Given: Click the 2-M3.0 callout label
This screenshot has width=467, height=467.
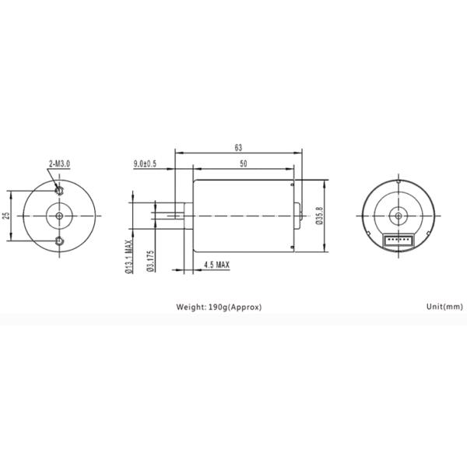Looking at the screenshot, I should (x=59, y=163).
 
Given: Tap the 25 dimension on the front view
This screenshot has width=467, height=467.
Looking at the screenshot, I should (x=6, y=216).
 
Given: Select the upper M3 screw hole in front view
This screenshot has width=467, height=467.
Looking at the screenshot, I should (x=58, y=190).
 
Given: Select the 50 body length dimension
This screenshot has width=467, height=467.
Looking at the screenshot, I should (x=244, y=163).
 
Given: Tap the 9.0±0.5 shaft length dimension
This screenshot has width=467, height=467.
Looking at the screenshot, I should (x=145, y=163).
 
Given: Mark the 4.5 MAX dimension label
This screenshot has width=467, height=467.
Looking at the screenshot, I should (x=216, y=265).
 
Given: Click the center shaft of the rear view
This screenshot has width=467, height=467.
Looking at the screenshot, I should (x=398, y=216).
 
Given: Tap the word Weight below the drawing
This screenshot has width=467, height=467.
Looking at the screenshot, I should (x=191, y=307).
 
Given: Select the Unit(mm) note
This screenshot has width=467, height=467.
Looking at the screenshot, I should (x=444, y=307).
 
